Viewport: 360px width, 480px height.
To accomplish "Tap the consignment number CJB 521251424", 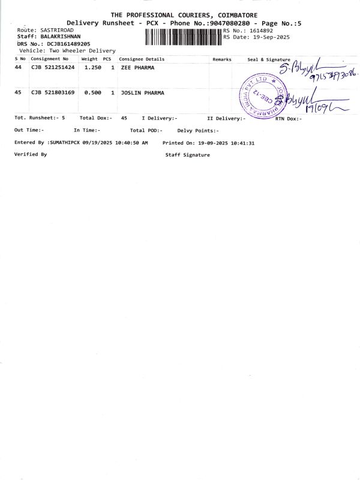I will [53, 68].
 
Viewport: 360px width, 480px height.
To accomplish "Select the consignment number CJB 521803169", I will [53, 93].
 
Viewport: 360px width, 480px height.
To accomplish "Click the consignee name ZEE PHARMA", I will [134, 68].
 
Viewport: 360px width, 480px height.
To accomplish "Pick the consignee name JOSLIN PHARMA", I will [142, 93].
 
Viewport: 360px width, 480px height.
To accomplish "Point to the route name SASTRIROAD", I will [56, 29].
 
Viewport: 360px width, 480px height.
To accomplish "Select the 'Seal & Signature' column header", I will [268, 59].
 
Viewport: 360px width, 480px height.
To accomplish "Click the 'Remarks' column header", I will [222, 59].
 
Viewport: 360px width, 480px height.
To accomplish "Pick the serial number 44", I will [18, 68].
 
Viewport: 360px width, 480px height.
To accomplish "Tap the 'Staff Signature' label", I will [187, 155].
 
